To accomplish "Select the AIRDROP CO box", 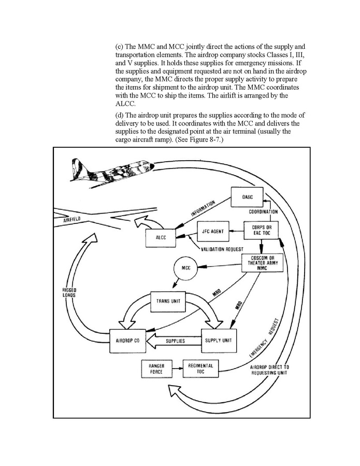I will click(126, 341).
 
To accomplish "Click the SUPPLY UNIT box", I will click(219, 341).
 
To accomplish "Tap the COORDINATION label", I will click(264, 211).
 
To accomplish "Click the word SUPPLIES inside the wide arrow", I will click(179, 341).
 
